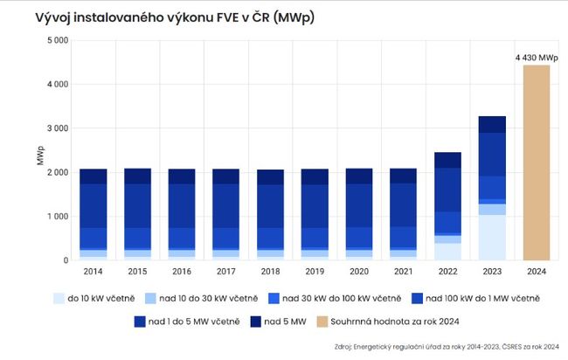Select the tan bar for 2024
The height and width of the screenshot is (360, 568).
coord(537,163)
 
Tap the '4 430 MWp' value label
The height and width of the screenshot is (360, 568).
coord(536,58)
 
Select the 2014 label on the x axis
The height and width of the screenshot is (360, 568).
coord(94,272)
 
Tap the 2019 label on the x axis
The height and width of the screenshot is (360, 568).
coord(315,272)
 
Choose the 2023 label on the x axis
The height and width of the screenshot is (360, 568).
coord(492,272)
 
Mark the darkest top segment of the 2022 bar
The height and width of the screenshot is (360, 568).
coord(447,160)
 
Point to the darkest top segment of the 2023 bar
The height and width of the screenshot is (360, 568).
coord(492,124)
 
